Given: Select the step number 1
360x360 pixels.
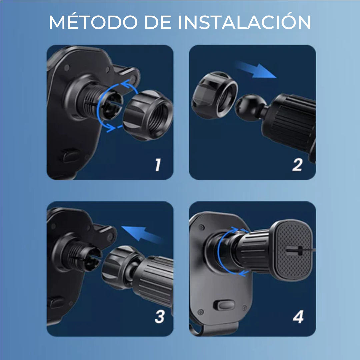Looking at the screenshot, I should tap(158, 165).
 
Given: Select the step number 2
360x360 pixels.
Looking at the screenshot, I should tap(297, 165).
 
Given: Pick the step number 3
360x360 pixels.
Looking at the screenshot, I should tap(159, 317).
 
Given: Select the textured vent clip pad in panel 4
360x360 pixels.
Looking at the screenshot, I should tap(292, 250).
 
